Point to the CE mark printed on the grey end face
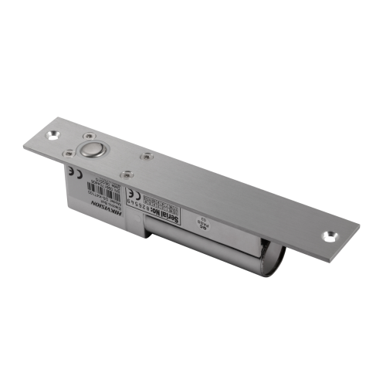71,172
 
